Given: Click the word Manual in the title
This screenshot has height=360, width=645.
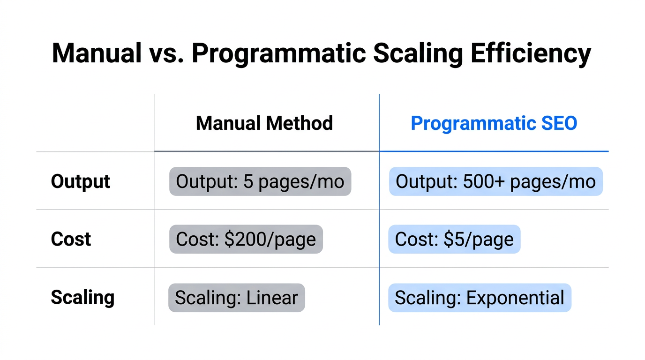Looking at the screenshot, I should [x=97, y=53].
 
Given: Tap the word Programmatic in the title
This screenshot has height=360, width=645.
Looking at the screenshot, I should [x=278, y=53].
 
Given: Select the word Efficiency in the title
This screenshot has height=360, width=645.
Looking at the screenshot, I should [x=531, y=53].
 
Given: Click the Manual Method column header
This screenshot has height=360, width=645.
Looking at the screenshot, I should [x=264, y=123].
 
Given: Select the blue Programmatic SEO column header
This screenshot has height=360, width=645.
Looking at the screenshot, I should [x=494, y=123].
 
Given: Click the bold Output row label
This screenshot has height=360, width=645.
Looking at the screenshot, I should [x=80, y=181].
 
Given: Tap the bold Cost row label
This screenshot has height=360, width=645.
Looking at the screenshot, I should [x=71, y=239].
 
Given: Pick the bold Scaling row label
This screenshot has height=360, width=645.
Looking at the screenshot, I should [x=82, y=297].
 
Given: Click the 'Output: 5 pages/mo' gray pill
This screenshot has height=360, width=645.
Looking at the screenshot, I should [x=260, y=181].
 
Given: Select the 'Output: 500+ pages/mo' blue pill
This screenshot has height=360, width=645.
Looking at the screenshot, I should [x=495, y=181].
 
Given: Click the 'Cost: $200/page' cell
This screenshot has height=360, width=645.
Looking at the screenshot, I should [x=246, y=240].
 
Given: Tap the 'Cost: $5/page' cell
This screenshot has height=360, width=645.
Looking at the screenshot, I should [x=454, y=240].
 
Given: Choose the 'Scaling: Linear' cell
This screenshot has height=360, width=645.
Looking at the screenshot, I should [x=236, y=298].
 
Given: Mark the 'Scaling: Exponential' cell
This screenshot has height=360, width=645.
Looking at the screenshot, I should [x=480, y=298].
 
